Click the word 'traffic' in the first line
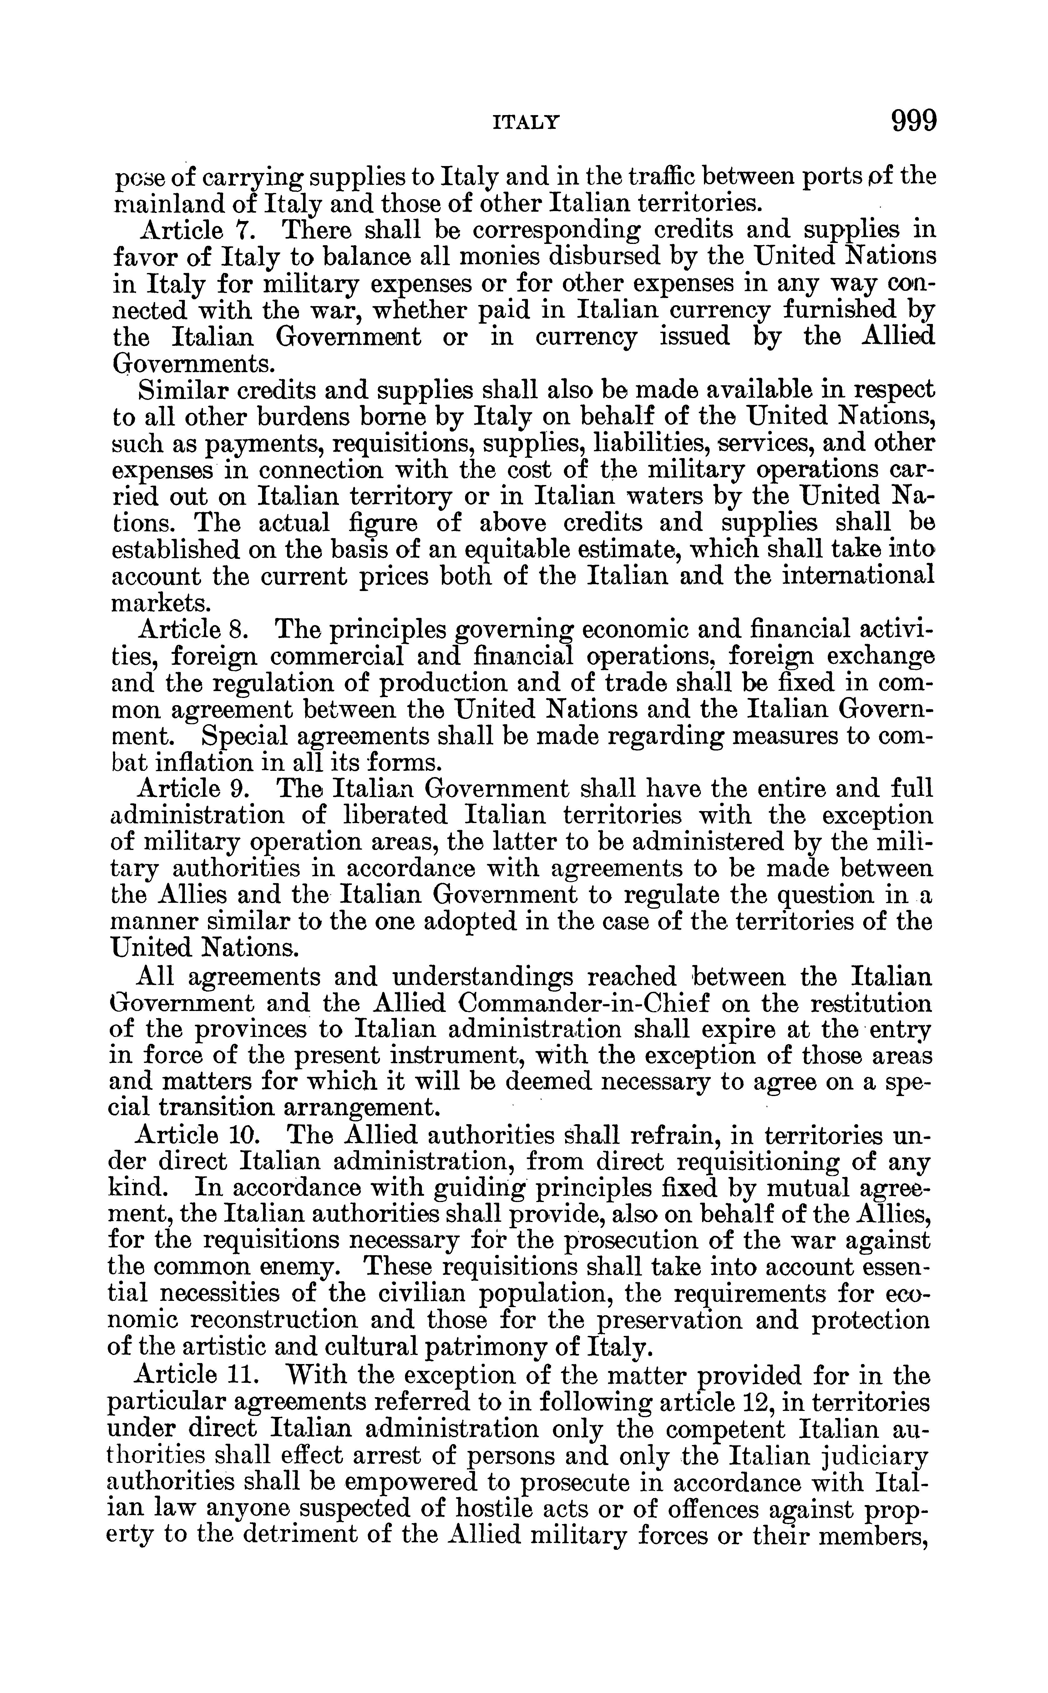(664, 177)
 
